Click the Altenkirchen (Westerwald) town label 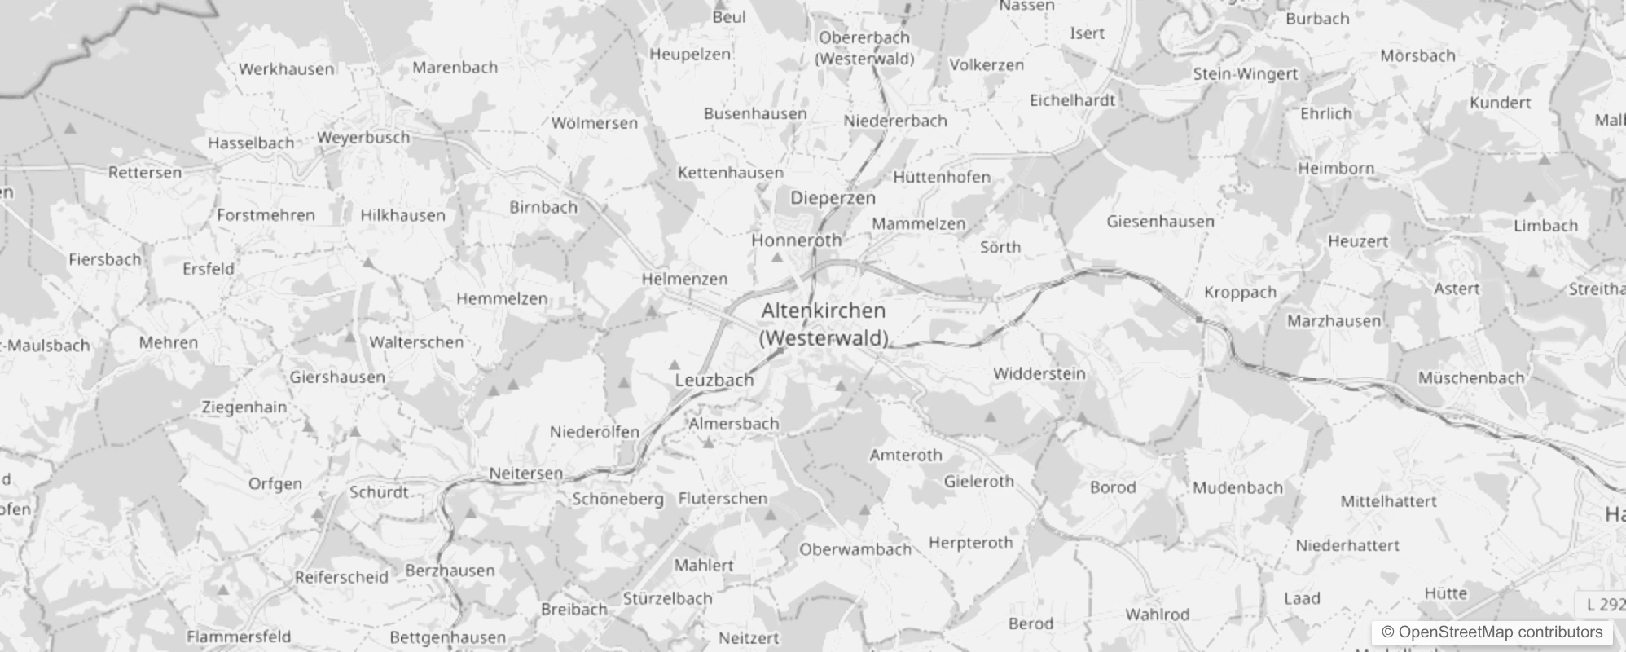point(823,324)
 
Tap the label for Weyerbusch point(363,138)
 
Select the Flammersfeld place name point(239,637)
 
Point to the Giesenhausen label point(1160,221)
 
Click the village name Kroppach point(1240,292)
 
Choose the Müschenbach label point(1471,377)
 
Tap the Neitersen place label point(525,473)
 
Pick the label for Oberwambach point(855,549)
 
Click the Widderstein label point(1039,373)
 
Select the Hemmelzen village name point(502,298)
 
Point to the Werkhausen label point(286,69)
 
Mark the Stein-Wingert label point(1246,74)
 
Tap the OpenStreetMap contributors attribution point(1492,632)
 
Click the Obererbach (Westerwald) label point(864,48)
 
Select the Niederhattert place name point(1347,545)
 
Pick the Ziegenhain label point(244,407)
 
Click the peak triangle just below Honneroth point(777,258)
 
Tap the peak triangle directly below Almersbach point(709,443)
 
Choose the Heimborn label point(1336,169)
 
